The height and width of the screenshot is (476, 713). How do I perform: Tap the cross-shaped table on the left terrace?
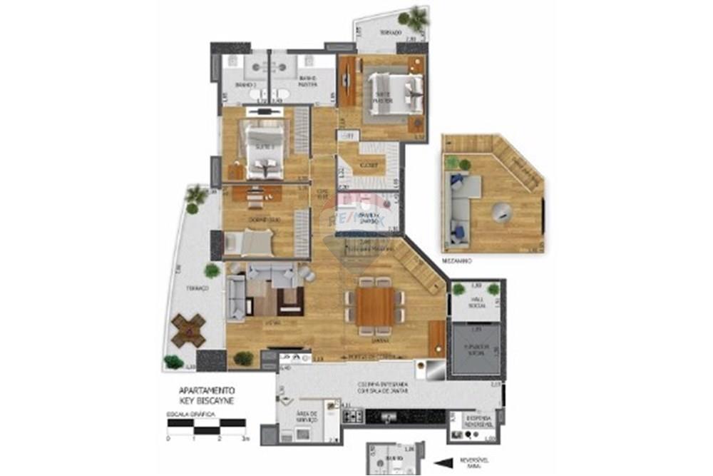pos(188,330)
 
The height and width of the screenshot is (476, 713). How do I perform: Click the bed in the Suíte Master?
pos(389,94)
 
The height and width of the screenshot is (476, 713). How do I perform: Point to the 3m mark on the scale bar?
pos(245,438)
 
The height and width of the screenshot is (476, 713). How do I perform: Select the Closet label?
pos(368,165)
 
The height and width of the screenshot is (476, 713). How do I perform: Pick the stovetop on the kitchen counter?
pos(354,414)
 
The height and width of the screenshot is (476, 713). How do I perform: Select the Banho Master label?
pos(307,81)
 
